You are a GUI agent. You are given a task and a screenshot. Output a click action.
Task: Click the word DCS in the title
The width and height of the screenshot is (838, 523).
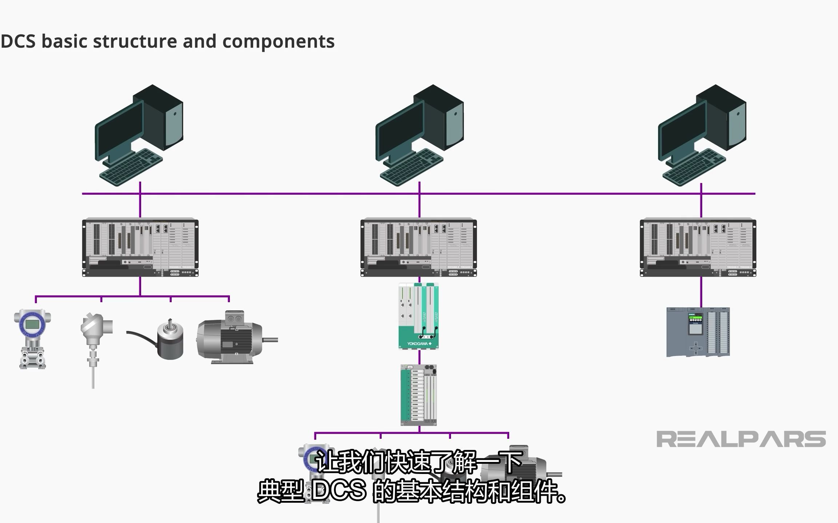coord(18,41)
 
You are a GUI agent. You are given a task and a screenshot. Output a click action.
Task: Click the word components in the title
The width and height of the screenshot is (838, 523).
coord(278,41)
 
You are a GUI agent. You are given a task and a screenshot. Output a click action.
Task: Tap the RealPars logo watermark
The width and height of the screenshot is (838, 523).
coord(741,439)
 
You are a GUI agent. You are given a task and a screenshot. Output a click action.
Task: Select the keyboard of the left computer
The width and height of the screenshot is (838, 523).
coord(131,167)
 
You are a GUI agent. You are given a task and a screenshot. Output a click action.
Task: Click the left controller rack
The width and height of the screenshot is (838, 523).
coord(140,247)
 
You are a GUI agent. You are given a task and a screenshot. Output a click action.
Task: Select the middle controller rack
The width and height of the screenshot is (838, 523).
coord(418,247)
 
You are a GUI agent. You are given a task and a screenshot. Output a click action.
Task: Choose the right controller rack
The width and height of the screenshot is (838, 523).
coord(698,247)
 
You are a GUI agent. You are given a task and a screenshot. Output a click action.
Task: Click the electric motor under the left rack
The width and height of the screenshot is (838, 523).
coord(229,338)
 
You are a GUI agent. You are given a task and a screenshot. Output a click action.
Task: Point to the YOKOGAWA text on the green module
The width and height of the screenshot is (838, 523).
coord(417,344)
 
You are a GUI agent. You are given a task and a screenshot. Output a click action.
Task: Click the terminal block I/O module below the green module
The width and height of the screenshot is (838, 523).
coord(418,395)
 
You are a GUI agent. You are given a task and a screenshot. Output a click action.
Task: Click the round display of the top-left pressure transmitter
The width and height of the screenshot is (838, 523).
coord(32,323)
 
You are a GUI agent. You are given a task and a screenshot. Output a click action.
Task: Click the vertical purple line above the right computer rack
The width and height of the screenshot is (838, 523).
coord(701,205)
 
